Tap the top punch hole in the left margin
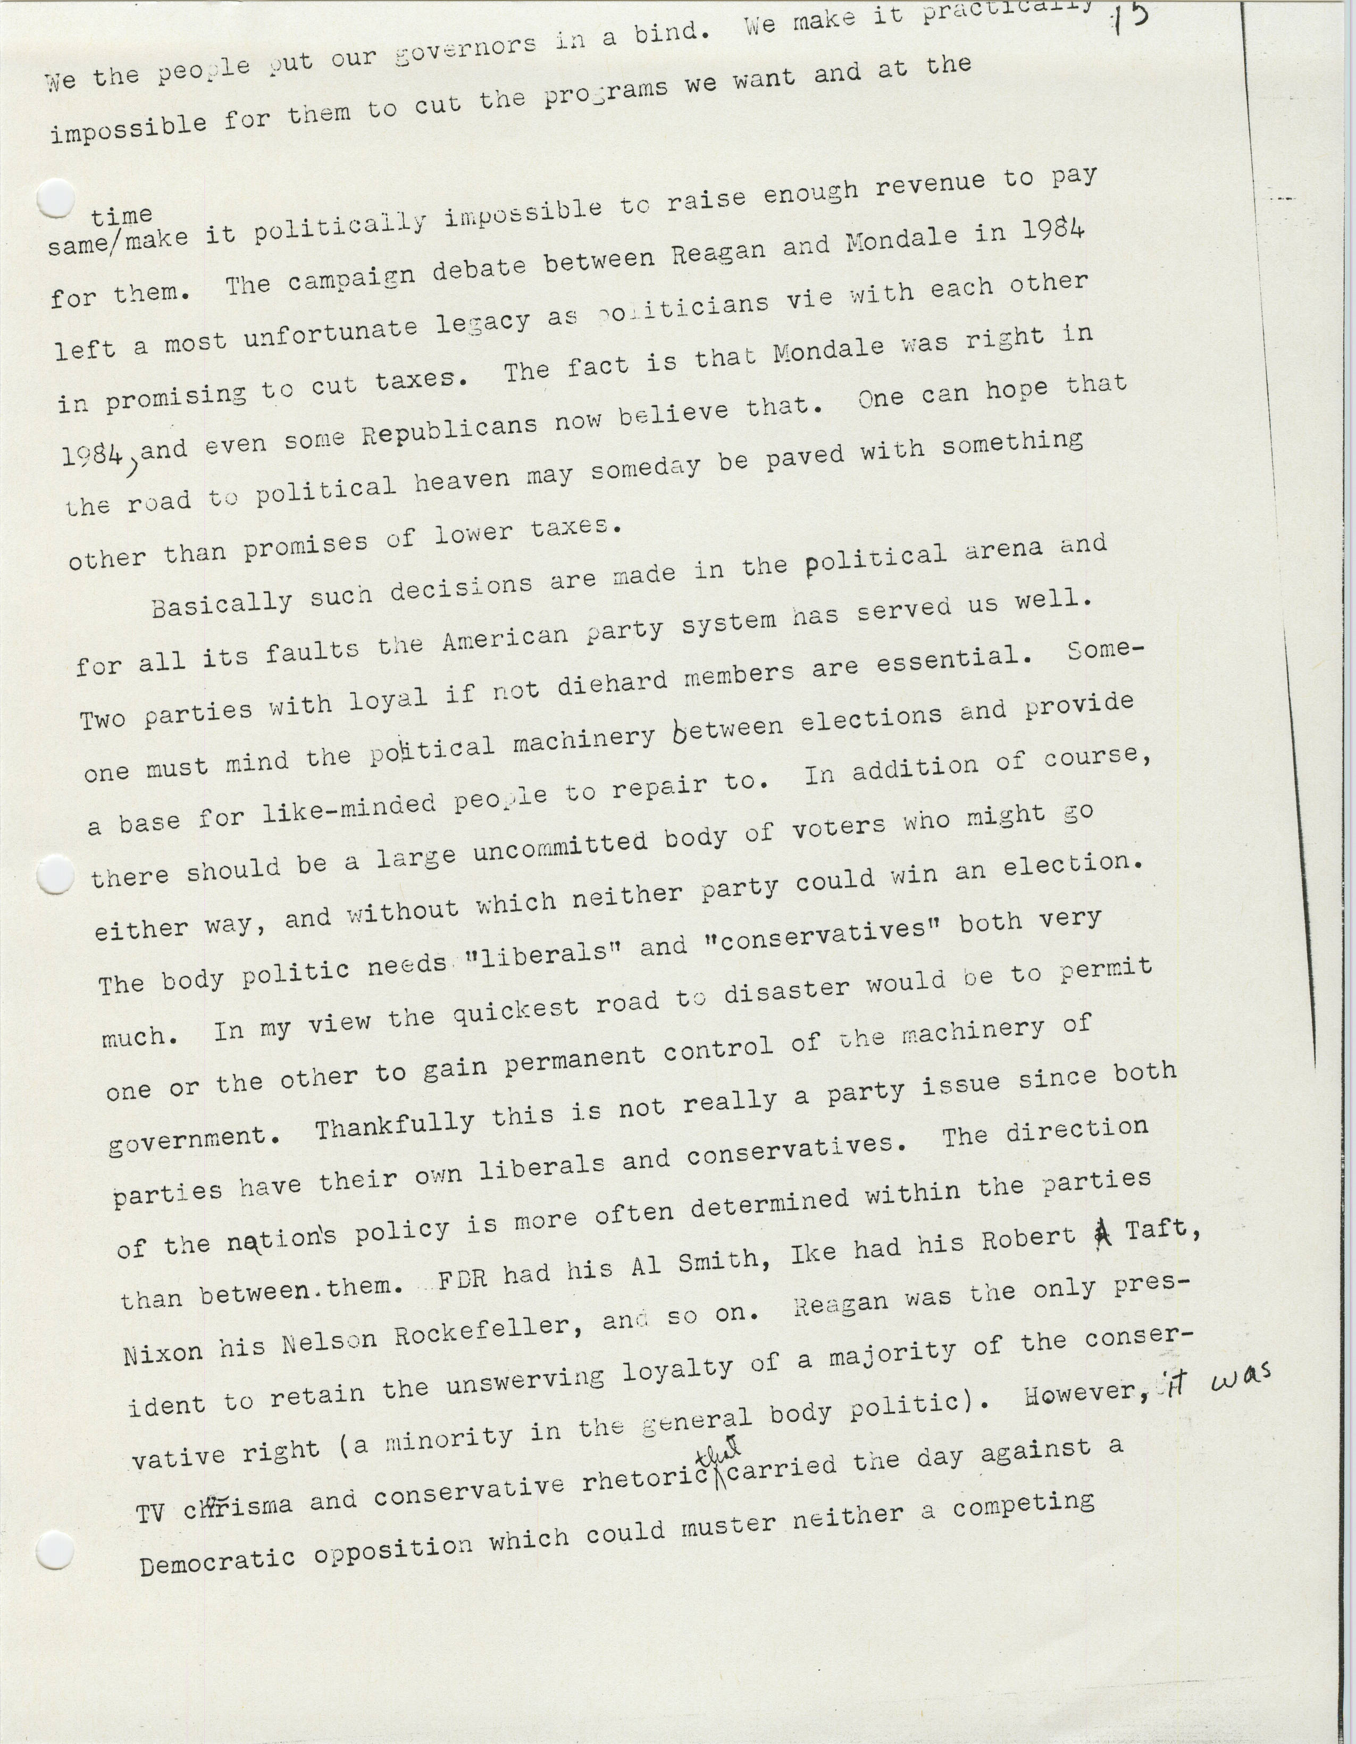click(56, 198)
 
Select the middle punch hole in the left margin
click(56, 875)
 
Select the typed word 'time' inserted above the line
click(121, 215)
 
